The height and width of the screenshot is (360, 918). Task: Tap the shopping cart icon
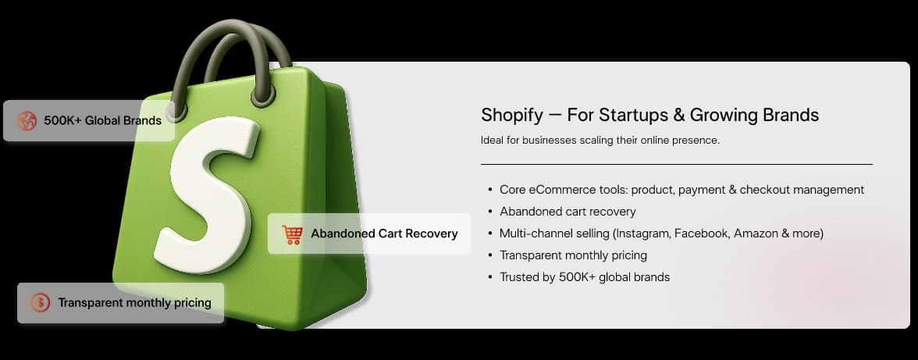pos(293,234)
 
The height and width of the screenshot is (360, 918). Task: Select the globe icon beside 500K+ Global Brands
pos(27,120)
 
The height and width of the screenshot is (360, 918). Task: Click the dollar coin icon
pos(40,303)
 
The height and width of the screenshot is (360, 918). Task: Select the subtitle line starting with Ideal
pos(599,141)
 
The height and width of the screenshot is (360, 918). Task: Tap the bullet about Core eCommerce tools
pos(681,190)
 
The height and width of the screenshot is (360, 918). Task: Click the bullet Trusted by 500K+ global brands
pos(585,277)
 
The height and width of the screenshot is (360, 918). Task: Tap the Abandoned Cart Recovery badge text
pos(384,233)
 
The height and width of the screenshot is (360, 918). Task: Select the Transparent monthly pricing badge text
pos(134,303)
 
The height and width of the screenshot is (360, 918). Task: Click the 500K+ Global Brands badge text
pos(102,120)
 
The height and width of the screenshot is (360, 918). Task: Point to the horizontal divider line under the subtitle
pos(676,164)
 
